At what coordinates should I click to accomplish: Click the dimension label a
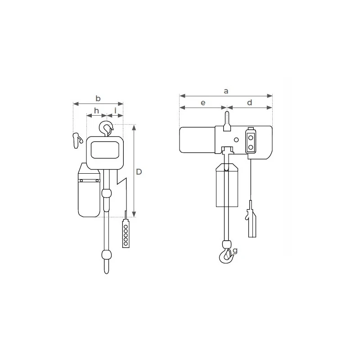[x=226, y=91]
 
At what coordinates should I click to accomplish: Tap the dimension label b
[x=98, y=99]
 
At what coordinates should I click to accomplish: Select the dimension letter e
[x=203, y=103]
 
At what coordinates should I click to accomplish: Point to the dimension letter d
[x=250, y=103]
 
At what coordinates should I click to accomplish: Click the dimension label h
[x=96, y=111]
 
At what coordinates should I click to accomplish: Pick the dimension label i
[x=116, y=111]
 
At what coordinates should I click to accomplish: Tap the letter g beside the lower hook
[x=235, y=251]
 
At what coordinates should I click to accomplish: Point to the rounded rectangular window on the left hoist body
[x=106, y=149]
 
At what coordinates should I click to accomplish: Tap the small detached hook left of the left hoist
[x=77, y=139]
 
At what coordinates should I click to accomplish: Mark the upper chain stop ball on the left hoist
[x=106, y=193]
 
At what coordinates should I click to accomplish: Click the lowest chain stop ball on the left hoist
[x=106, y=255]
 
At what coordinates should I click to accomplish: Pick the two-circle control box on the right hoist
[x=250, y=141]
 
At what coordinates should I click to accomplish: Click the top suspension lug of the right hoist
[x=227, y=120]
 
